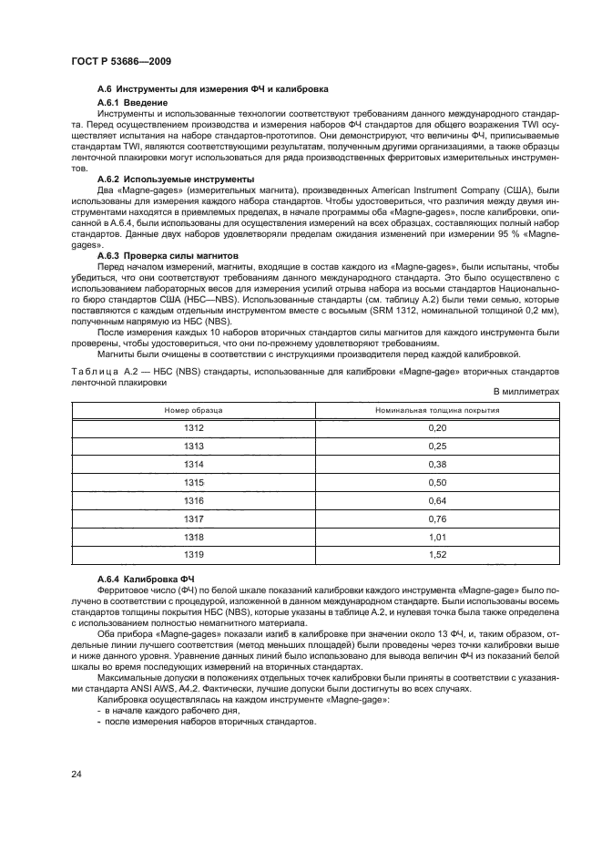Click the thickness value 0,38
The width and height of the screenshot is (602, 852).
tap(438, 464)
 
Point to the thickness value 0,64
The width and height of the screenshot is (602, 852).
tap(438, 500)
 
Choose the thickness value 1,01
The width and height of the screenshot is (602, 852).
tap(438, 537)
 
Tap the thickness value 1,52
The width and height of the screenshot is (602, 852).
tap(438, 554)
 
